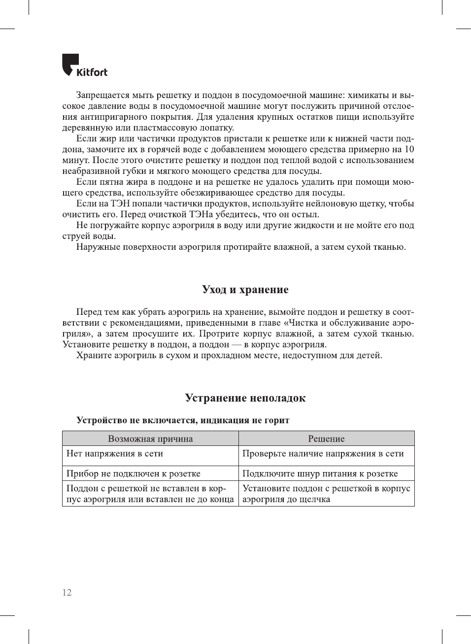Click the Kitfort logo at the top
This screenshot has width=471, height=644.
click(x=84, y=66)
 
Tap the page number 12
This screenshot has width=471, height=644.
click(x=67, y=592)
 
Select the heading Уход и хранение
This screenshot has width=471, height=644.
click(x=245, y=289)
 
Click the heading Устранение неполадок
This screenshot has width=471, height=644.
click(x=245, y=398)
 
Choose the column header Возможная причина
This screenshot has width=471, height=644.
click(x=150, y=439)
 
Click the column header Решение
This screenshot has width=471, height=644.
click(x=326, y=439)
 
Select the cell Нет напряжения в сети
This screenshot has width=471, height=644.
click(x=115, y=453)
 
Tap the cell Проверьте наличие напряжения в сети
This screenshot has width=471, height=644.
click(x=323, y=453)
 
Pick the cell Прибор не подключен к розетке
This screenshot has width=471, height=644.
click(x=134, y=474)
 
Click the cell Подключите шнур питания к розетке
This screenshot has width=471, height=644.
click(x=320, y=474)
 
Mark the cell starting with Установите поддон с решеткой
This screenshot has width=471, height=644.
click(x=326, y=494)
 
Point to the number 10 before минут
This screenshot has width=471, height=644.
click(x=409, y=149)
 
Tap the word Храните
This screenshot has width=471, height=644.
click(x=94, y=355)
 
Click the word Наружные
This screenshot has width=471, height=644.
click(x=98, y=247)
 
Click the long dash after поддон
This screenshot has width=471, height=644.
click(x=236, y=344)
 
